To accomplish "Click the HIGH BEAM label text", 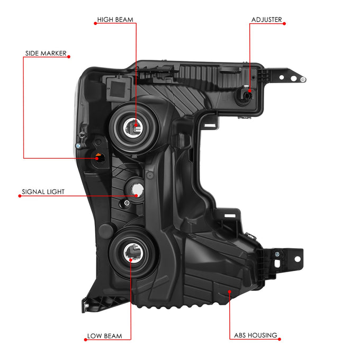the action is click(x=115, y=20).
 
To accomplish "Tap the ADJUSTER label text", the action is click(x=266, y=20).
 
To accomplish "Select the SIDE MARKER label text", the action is click(x=46, y=53).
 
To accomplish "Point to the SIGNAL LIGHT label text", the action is click(x=43, y=192).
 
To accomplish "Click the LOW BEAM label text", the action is click(x=104, y=336).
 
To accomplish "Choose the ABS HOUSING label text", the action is click(x=256, y=335).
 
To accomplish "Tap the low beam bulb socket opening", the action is click(x=133, y=253).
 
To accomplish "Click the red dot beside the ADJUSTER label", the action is click(x=284, y=24).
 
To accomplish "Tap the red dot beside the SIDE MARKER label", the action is click(x=69, y=57).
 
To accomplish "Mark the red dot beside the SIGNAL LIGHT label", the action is click(x=20, y=196).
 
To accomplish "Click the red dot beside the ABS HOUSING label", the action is click(x=280, y=339).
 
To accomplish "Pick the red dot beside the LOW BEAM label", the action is click(x=85, y=340).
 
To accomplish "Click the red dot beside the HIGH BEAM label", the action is click(x=95, y=23).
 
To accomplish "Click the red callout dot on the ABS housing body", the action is click(x=229, y=292).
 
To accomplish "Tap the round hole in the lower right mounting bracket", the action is click(x=298, y=259).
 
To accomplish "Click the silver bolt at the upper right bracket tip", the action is click(x=303, y=79).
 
